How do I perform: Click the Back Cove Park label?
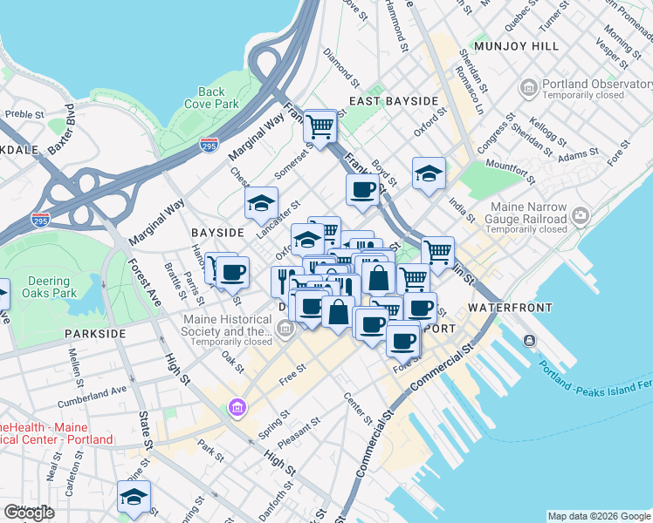pyautogui.click(x=211, y=98)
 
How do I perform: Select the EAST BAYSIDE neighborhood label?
pyautogui.click(x=394, y=101)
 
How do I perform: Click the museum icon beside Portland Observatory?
pyautogui.click(x=529, y=87)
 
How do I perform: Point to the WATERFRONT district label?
pyautogui.click(x=510, y=308)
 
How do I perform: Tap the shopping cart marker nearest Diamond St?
pyautogui.click(x=320, y=127)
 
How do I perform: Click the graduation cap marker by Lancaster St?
pyautogui.click(x=260, y=204)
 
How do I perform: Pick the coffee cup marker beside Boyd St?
pyautogui.click(x=362, y=190)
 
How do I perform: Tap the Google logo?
pyautogui.click(x=29, y=513)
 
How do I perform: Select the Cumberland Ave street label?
pyautogui.click(x=92, y=397)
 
